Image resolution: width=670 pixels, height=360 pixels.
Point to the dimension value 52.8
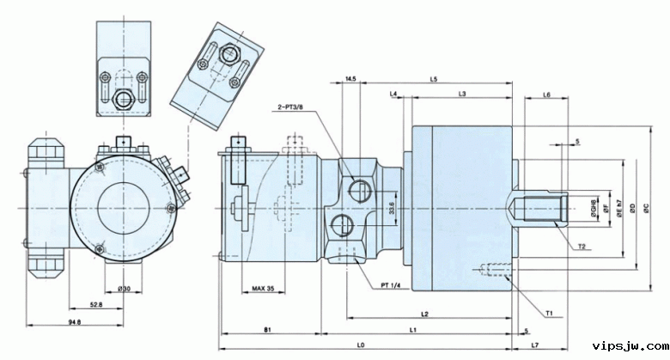coord(96,304)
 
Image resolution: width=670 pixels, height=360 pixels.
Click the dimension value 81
coord(268,329)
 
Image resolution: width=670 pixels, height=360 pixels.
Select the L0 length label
coord(361,345)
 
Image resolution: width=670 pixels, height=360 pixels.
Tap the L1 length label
coord(413,329)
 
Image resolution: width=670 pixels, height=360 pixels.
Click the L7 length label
coord(534,345)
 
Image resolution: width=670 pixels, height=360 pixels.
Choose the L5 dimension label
coord(434,79)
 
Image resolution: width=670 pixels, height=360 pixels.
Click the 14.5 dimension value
coord(350,79)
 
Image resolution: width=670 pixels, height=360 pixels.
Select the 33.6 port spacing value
coord(392,209)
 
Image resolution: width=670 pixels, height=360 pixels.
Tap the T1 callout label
coord(549,313)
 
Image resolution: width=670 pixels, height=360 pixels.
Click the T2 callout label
coord(582,247)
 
